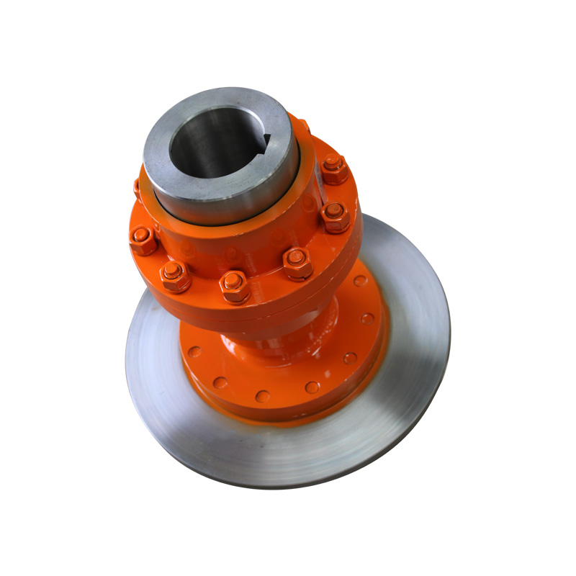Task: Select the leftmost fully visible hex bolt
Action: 143,240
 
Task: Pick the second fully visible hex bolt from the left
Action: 174,275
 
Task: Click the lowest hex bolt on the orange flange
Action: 234,286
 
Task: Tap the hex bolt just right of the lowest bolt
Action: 296,262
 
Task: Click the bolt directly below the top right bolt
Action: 335,215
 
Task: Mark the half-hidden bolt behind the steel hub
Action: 303,126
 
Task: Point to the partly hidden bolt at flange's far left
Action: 137,189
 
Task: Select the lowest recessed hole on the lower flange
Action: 263,397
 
